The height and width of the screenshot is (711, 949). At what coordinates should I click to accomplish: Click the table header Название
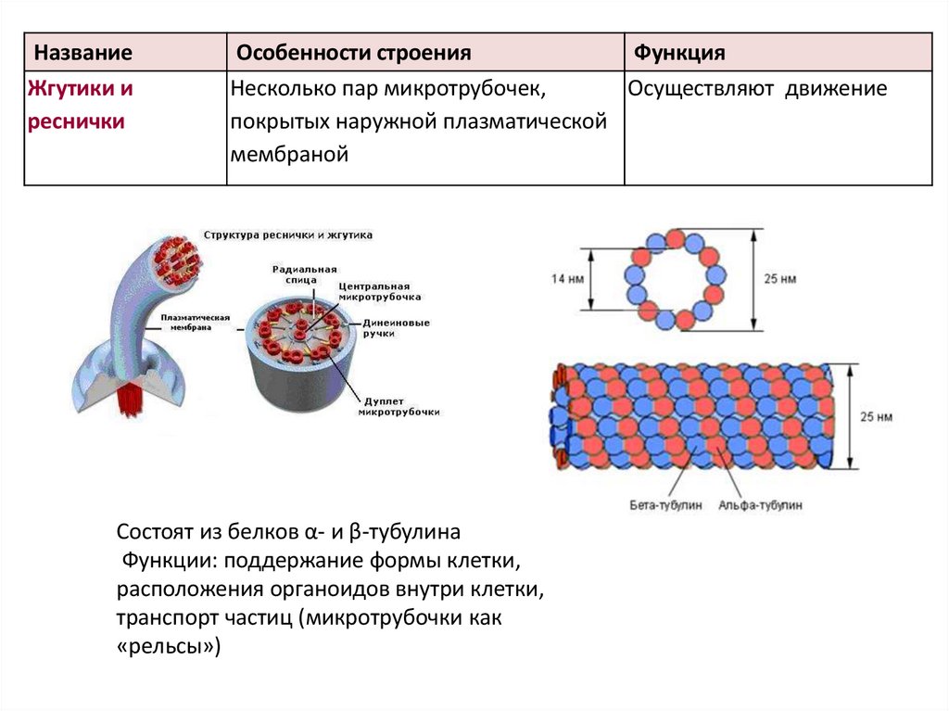(x=78, y=53)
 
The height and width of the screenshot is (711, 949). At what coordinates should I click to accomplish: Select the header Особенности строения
(x=353, y=53)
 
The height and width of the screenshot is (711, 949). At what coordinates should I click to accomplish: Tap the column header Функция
(x=678, y=53)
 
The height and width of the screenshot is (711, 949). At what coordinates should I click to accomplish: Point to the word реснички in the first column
(x=76, y=122)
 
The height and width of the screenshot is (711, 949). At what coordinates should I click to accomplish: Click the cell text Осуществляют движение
(x=757, y=90)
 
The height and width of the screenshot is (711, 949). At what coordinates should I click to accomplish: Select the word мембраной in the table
(x=289, y=155)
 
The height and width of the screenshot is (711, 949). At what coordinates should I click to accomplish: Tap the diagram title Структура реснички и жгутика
(x=287, y=235)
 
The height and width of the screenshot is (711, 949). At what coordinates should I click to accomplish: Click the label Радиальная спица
(x=295, y=273)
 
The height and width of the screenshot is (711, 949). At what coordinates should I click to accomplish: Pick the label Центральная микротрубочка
(x=380, y=291)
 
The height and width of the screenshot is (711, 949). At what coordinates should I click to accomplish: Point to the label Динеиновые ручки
(x=396, y=328)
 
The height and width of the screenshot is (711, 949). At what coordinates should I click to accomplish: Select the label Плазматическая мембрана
(x=196, y=322)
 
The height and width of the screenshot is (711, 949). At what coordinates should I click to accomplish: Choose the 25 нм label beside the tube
(x=876, y=417)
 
